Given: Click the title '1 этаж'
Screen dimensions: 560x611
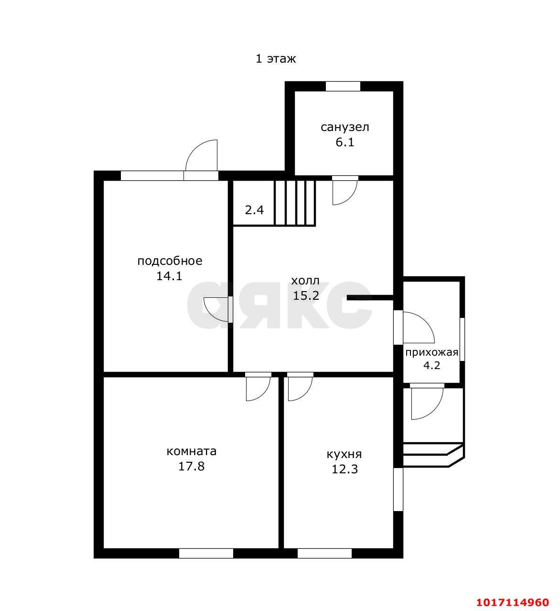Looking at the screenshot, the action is (276, 58).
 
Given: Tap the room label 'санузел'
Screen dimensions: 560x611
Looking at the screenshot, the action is (345, 127).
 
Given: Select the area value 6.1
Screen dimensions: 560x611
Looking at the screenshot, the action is (345, 142).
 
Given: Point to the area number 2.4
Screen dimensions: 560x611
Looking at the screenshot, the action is (254, 210).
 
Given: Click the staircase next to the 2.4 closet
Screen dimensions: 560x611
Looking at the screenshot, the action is (295, 203).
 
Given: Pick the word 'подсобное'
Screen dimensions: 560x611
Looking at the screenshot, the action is (170, 261).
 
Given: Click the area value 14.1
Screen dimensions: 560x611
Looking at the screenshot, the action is (169, 276).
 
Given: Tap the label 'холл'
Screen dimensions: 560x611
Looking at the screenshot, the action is (305, 281).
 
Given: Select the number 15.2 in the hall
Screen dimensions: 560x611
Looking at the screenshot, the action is (306, 295).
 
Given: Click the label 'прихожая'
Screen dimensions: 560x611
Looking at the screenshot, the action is (431, 353).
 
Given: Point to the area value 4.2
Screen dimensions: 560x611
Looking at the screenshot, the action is (432, 366).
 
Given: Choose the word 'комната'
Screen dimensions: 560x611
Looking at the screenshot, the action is (191, 451).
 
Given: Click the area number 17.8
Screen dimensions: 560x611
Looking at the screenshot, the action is (191, 466).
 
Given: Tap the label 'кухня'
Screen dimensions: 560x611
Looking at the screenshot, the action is (345, 455).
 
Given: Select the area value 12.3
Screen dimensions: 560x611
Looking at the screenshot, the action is (345, 469).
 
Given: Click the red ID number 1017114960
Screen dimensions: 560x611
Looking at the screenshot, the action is (513, 602).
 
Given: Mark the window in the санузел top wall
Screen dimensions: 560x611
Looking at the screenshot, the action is (343, 86).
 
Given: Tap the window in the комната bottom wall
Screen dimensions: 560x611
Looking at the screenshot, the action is (206, 554).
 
